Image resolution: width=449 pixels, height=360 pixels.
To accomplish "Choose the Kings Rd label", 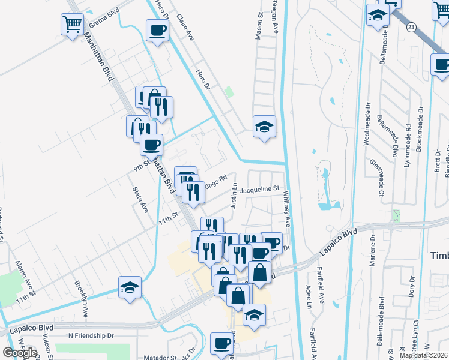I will tap(215, 181).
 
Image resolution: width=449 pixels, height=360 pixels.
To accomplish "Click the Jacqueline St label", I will tap(260, 190).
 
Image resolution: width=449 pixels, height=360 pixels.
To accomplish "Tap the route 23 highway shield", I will tap(411, 27).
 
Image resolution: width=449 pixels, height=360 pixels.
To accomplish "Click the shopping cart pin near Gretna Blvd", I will tap(72, 25).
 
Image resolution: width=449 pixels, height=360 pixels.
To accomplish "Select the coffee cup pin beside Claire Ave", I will tap(158, 31).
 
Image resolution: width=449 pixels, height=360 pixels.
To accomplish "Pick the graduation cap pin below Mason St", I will tap(264, 127).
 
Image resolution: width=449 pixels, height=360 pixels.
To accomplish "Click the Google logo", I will tap(20, 353).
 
